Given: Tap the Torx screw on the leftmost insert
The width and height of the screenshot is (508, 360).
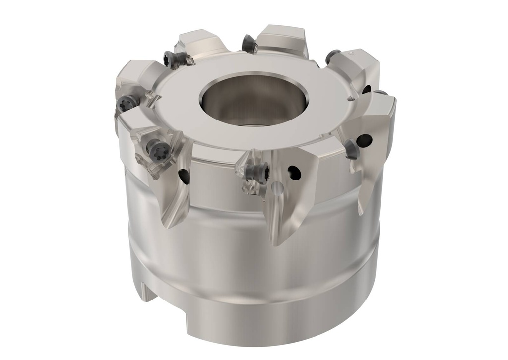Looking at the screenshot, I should [127, 103].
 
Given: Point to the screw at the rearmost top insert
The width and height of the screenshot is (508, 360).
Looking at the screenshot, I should [250, 45].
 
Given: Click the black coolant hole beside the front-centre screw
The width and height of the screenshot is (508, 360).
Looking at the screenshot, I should [294, 172].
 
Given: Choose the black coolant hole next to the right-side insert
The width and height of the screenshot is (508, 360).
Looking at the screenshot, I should [365, 140].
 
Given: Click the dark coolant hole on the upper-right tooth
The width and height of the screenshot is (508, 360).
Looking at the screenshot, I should [366, 89].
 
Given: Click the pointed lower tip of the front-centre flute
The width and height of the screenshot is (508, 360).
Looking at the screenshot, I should [274, 243].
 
